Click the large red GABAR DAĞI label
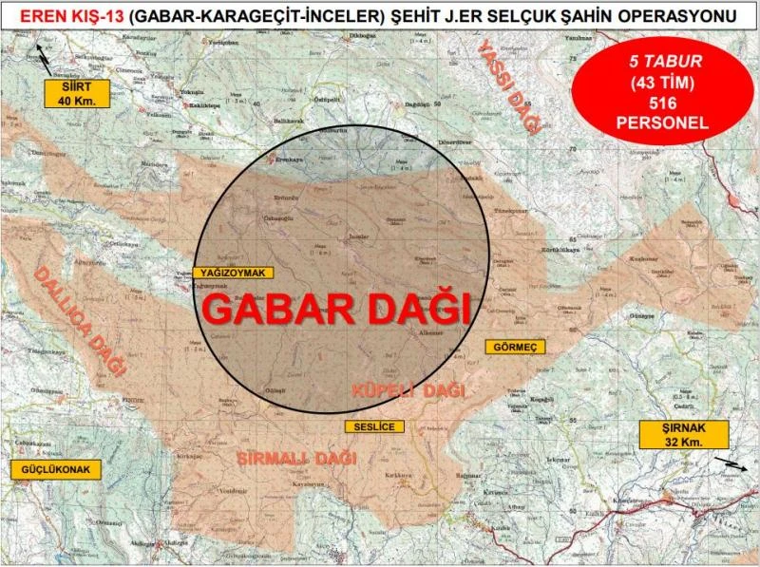click(x=337, y=309)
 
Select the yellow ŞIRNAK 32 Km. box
click(x=682, y=435)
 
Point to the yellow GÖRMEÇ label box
click(x=516, y=348)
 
